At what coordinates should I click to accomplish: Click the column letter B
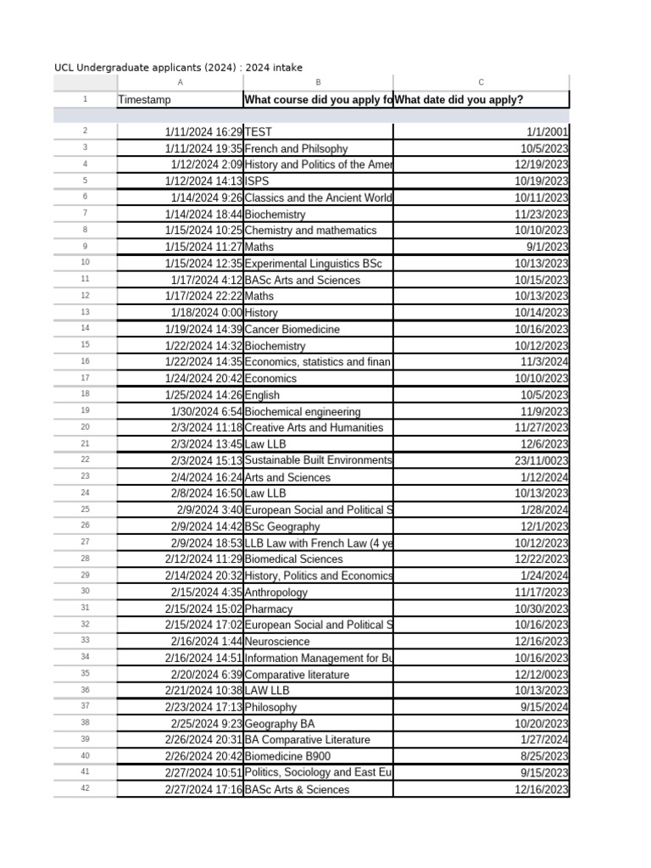pos(318,82)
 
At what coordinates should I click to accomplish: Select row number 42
pos(85,789)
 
